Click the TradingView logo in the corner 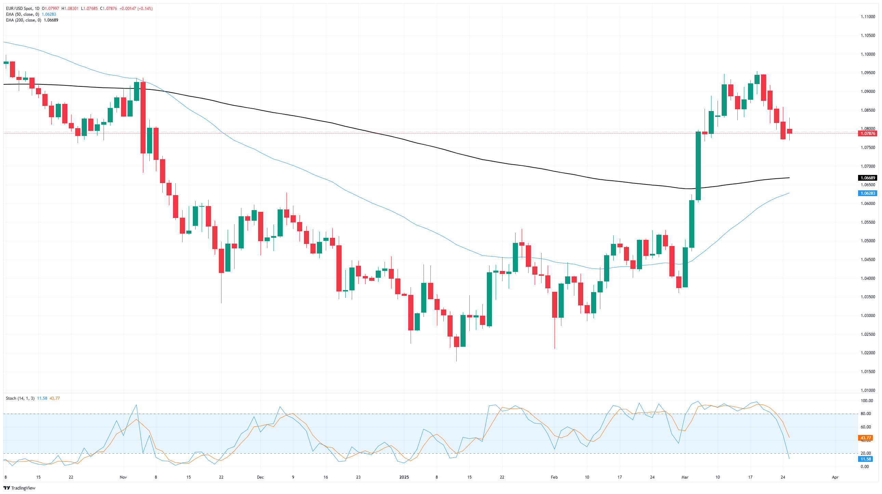pos(20,488)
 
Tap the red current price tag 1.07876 pos(868,134)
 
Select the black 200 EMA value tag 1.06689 pos(868,178)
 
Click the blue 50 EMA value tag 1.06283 pos(868,193)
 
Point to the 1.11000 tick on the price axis pos(868,17)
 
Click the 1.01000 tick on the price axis pos(868,390)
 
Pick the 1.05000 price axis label pos(868,241)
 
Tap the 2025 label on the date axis pos(404,477)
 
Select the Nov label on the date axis pos(123,477)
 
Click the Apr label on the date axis pos(835,477)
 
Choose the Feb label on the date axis pos(554,477)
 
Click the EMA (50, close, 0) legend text pos(23,14)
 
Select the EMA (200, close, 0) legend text pos(24,20)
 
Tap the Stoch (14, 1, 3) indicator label pos(20,398)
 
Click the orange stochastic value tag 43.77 pos(866,438)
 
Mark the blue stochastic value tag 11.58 pos(866,459)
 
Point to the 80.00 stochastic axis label pos(866,414)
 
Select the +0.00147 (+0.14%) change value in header pos(136,9)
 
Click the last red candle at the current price pos(790,132)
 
